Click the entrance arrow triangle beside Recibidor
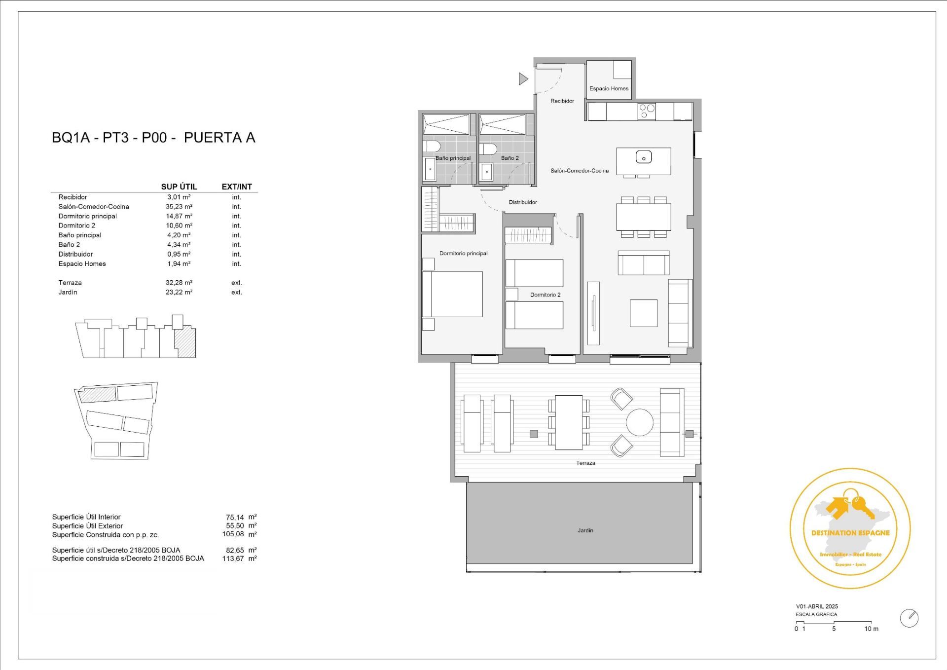pos(523,78)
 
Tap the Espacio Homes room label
pos(609,89)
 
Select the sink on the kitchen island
pos(644,157)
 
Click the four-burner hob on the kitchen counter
pos(647,112)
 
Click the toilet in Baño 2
pos(487,149)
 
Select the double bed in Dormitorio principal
pos(452,294)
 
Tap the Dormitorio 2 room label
pos(545,295)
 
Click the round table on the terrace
pos(640,422)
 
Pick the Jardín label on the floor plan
pos(585,531)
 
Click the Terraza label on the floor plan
pos(585,463)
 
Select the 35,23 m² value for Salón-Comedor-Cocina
pos(179,207)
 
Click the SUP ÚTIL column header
pos(179,187)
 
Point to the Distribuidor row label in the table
pos(75,255)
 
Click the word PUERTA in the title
pos(206,138)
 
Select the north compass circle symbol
pos(909,618)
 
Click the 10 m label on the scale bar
pos(871,629)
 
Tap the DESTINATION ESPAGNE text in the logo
pos(850,533)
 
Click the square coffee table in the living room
pos(644,313)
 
